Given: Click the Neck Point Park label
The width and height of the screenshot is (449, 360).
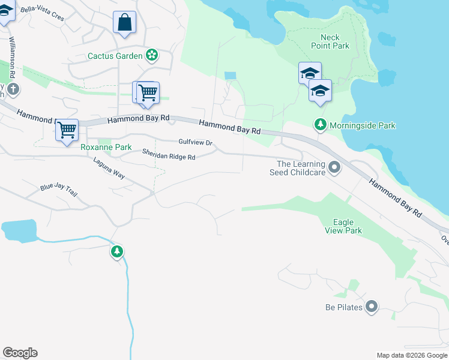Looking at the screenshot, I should [x=330, y=41].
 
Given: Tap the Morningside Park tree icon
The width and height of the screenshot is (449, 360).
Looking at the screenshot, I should [x=321, y=125].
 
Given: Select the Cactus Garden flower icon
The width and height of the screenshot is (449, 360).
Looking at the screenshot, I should [x=152, y=56].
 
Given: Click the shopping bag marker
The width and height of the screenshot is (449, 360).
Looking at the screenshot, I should [x=124, y=23].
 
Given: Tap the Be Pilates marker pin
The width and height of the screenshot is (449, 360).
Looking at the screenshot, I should [x=372, y=307].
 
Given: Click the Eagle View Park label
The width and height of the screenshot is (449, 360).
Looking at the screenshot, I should [x=343, y=226].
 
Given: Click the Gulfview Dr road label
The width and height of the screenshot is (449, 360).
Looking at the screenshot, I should [x=196, y=142].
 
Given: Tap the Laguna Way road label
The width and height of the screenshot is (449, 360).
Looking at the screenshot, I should [x=109, y=169].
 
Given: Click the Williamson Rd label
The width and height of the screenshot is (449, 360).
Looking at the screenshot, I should [x=11, y=58].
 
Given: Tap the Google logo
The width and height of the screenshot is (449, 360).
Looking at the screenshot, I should [x=20, y=353].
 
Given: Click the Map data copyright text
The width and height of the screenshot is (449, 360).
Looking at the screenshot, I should [x=411, y=355].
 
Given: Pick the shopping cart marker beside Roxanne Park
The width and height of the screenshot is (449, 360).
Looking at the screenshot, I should [x=67, y=129].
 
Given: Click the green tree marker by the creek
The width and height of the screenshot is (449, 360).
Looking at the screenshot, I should [x=117, y=251].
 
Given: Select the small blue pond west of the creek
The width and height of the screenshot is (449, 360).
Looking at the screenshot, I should [x=19, y=230].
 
